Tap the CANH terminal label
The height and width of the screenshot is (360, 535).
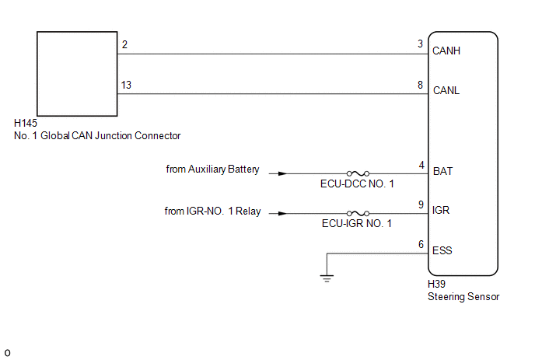tap(446, 51)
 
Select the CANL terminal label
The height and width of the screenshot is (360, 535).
tap(446, 90)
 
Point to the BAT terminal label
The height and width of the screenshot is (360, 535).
tap(442, 171)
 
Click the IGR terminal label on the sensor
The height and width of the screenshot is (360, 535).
tap(440, 210)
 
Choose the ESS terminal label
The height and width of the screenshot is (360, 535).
tap(442, 250)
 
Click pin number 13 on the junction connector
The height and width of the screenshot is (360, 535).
tap(126, 85)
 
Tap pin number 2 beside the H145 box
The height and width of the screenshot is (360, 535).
tap(124, 44)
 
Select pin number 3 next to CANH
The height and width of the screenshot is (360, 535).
tap(420, 44)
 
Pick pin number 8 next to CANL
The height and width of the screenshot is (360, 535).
tap(420, 85)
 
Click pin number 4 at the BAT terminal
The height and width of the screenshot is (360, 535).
tap(421, 165)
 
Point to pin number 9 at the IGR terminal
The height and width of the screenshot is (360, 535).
tap(421, 204)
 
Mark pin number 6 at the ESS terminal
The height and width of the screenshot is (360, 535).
tap(421, 244)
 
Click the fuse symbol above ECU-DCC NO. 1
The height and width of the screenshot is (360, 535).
tap(358, 173)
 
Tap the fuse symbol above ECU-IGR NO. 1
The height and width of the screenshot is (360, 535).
tap(358, 213)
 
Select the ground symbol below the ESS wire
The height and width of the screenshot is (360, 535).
tap(327, 278)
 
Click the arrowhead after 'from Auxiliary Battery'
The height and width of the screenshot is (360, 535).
tap(282, 173)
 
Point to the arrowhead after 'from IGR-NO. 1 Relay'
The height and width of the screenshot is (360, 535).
tap(282, 214)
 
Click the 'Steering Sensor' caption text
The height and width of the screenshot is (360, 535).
tap(463, 296)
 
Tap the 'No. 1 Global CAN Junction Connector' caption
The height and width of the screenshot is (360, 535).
tap(97, 135)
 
